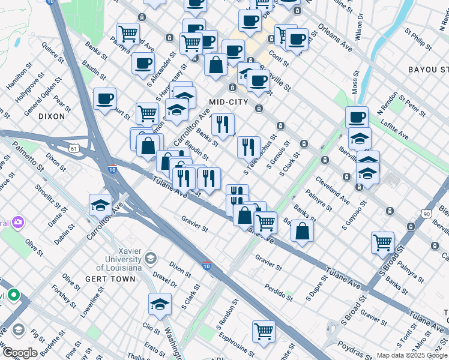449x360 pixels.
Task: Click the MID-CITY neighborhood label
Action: pos(228,102)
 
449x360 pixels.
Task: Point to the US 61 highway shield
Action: pos(74,147)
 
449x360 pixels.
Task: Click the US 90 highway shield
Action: pos(426,214)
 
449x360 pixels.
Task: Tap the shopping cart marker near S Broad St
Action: pos(382,242)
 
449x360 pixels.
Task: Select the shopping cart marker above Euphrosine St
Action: pos(264,331)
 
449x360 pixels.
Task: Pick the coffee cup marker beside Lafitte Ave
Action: pos(357,116)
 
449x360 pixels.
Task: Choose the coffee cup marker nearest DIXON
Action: pos(104,98)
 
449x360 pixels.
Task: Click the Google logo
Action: pos(20,353)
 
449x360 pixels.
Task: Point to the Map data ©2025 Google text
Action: pos(412,355)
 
